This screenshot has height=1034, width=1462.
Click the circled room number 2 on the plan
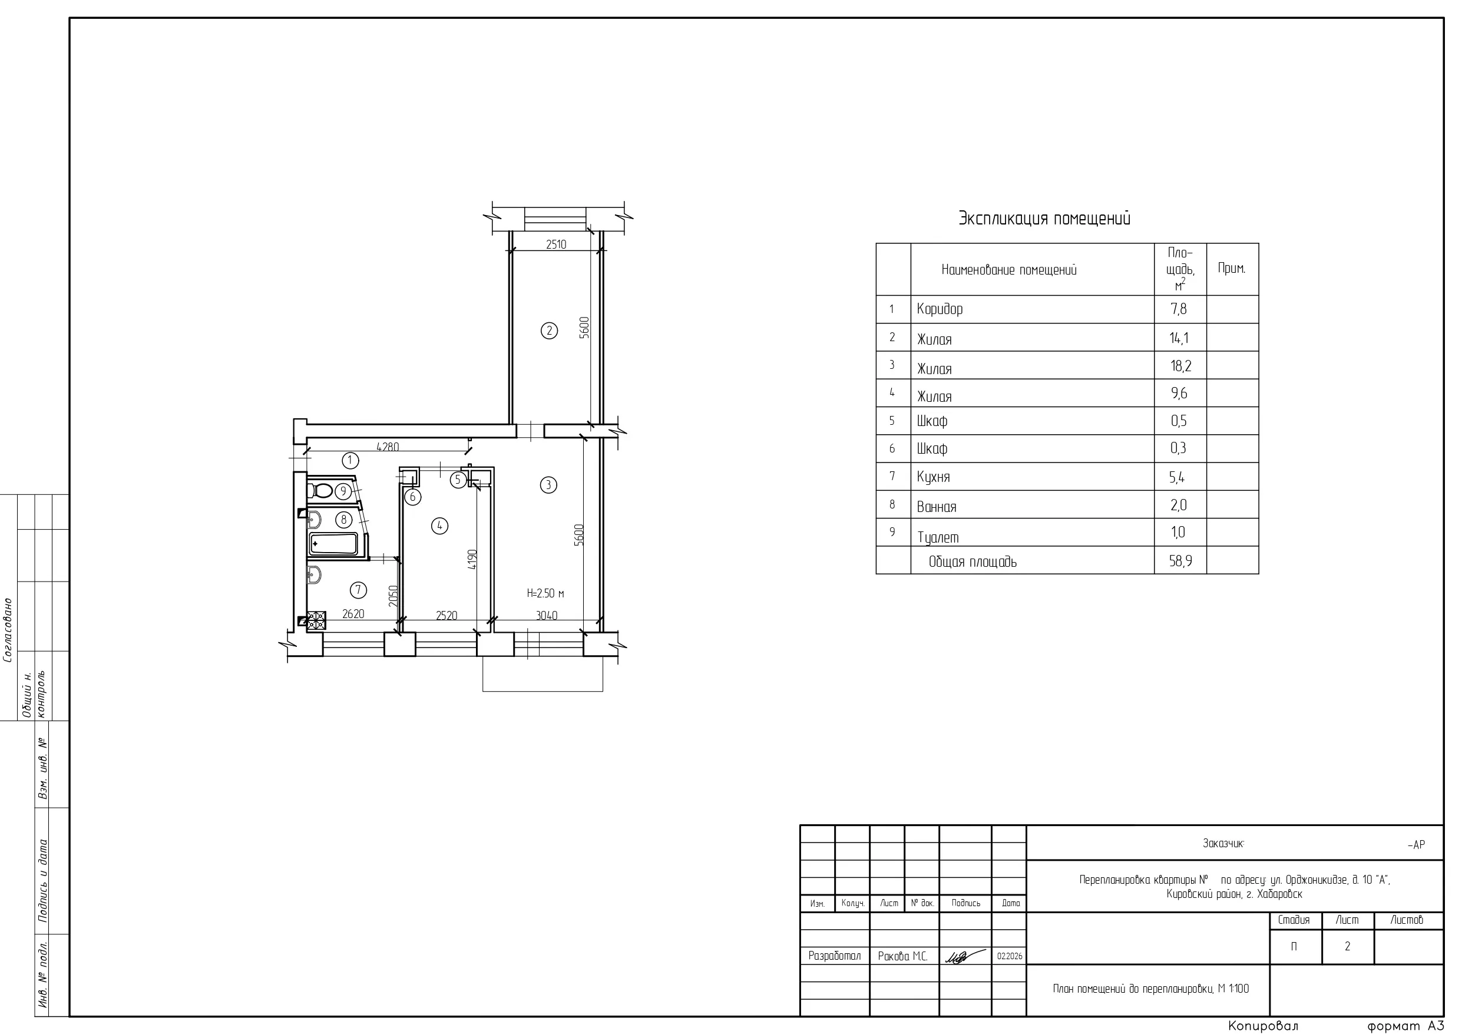tap(549, 331)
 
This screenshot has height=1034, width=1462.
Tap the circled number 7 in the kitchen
tap(359, 590)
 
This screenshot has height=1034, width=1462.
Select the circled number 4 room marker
tap(439, 526)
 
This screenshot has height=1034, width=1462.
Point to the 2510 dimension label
tap(556, 244)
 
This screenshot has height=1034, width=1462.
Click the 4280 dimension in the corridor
tap(388, 447)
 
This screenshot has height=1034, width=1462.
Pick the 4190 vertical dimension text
tap(472, 559)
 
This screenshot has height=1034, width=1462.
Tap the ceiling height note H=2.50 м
tap(545, 593)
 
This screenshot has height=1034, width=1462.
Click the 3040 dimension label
tap(547, 616)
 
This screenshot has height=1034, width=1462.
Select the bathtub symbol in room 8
tap(333, 544)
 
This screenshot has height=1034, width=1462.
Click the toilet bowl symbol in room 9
tap(320, 491)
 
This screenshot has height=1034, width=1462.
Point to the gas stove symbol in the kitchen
tap(316, 620)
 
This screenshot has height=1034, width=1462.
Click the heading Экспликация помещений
tap(1045, 219)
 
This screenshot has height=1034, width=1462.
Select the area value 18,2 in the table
tap(1180, 366)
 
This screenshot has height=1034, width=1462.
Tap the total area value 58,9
tap(1180, 561)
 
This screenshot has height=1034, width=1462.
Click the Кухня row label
tap(934, 477)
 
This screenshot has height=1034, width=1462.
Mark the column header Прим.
tap(1232, 268)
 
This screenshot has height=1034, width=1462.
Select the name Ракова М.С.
tap(902, 956)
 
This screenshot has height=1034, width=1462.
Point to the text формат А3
tap(1406, 1026)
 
